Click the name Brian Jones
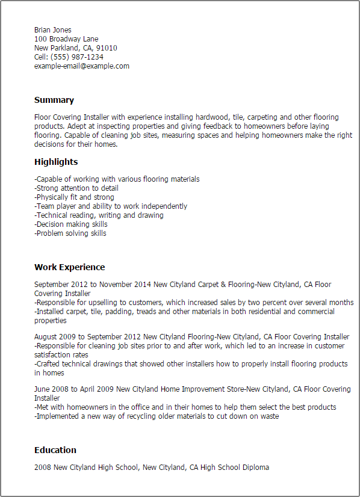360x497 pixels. [x=53, y=30]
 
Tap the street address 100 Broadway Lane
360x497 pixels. [x=66, y=39]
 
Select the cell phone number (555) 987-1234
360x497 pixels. [x=81, y=57]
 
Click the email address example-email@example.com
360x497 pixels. [x=82, y=66]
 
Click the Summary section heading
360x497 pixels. [x=54, y=100]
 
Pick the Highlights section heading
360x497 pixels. [x=56, y=162]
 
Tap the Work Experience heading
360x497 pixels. [x=69, y=267]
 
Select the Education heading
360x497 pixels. [x=55, y=450]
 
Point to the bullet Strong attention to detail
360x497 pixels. [x=76, y=188]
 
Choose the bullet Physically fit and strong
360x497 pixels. [x=75, y=197]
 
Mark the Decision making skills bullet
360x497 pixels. [x=71, y=224]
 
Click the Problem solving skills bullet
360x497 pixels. [x=70, y=233]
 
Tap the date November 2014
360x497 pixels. [x=120, y=285]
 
